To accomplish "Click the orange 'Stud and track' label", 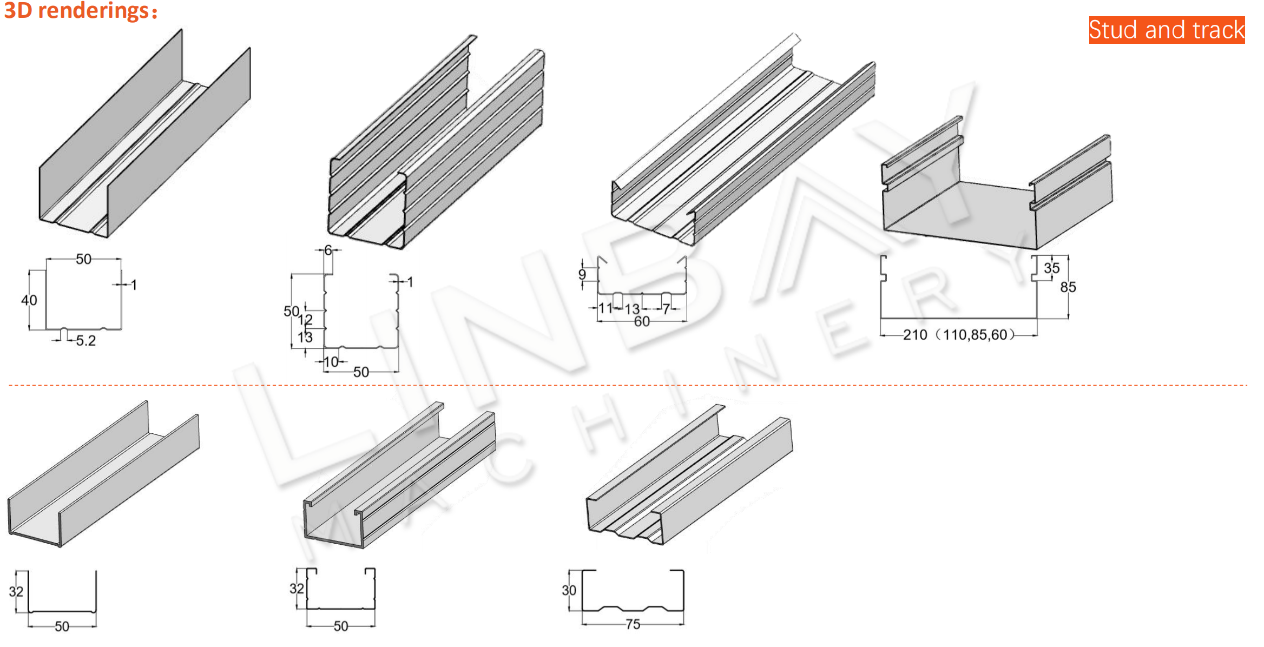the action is point(1167,30).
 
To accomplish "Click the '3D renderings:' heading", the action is point(81,11).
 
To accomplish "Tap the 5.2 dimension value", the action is point(86,341).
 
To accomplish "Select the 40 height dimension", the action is point(29,300).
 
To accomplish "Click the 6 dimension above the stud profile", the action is point(328,250).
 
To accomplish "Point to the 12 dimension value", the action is point(305,320).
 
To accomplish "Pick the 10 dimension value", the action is point(331,362).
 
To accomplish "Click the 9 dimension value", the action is point(582,274).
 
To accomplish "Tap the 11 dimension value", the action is point(605,308).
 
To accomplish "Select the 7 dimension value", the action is point(667,308).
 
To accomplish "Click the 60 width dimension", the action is point(642,321).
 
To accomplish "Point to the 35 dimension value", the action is point(1052,268).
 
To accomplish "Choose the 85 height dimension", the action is point(1068,287).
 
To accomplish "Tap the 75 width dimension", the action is point(633,624).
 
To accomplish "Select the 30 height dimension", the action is point(569,590).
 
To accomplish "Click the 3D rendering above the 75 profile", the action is point(689,474).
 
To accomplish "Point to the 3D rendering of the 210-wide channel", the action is point(997,183).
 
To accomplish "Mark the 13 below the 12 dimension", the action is point(305,338).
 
